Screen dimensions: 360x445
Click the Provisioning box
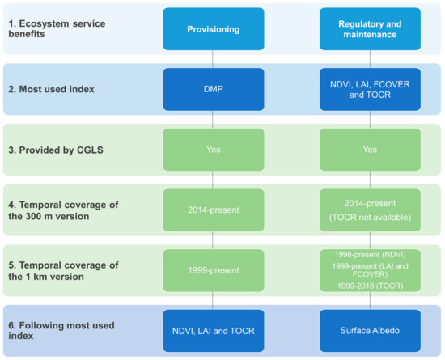click(x=212, y=29)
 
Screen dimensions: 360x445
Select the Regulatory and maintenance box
click(x=370, y=29)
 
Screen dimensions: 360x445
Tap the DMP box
click(x=212, y=89)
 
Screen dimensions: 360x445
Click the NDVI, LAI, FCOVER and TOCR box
click(x=370, y=89)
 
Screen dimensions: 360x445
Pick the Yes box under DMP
click(x=212, y=150)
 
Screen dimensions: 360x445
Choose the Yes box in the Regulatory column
click(x=370, y=150)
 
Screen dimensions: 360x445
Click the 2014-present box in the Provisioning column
click(x=212, y=210)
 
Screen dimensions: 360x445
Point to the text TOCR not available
click(x=370, y=218)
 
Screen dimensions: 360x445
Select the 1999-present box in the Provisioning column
click(x=212, y=269)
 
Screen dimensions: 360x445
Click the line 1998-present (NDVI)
click(x=370, y=254)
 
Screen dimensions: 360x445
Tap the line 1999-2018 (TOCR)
click(x=370, y=286)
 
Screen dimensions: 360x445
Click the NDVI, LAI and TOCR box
click(x=212, y=330)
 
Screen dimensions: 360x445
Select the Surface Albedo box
click(x=370, y=330)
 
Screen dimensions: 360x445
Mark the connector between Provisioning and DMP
click(x=212, y=59)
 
